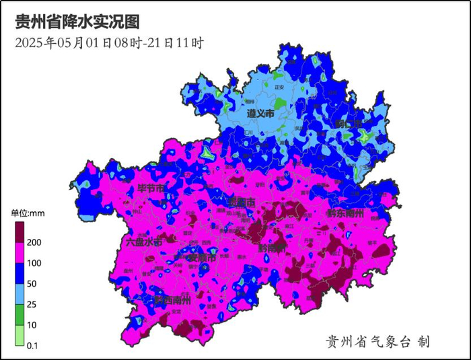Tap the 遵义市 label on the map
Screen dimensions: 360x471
point(260,114)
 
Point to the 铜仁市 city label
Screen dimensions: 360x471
point(349,124)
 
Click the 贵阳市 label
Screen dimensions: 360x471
point(242,203)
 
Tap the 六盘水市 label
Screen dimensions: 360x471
point(144,242)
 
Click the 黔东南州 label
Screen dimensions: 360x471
point(345,213)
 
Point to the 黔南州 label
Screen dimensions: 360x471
point(272,248)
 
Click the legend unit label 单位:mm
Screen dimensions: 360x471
point(28,213)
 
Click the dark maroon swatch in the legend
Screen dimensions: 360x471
point(20,232)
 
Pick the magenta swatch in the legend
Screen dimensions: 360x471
point(20,252)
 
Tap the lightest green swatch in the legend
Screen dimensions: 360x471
point(20,335)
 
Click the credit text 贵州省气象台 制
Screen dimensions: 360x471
point(377,342)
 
